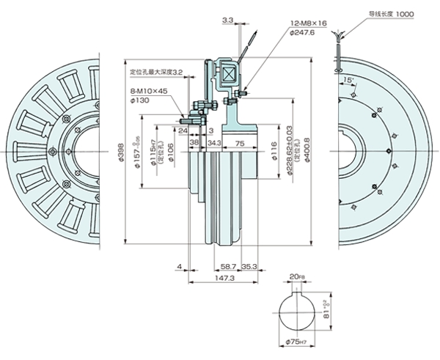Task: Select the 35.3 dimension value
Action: tap(249, 268)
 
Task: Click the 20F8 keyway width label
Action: tap(296, 277)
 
